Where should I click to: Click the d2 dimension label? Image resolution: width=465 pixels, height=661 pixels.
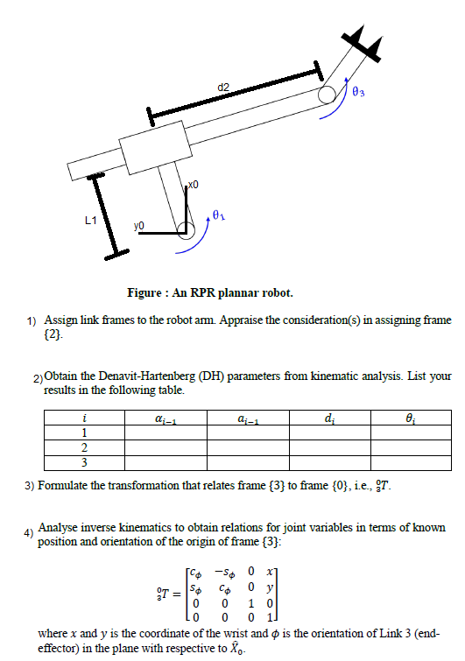tap(223, 86)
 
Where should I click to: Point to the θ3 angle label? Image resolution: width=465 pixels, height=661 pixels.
tap(357, 91)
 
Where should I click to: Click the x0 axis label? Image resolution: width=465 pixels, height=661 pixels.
tap(194, 185)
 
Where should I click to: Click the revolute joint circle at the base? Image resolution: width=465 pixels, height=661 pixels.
tap(186, 230)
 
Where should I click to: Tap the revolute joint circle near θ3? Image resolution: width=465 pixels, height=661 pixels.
tap(326, 94)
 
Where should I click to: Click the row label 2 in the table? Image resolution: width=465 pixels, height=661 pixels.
tap(83, 447)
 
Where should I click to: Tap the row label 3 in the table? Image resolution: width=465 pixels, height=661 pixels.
tap(83, 461)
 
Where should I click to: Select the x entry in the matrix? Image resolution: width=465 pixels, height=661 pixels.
tap(278, 572)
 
